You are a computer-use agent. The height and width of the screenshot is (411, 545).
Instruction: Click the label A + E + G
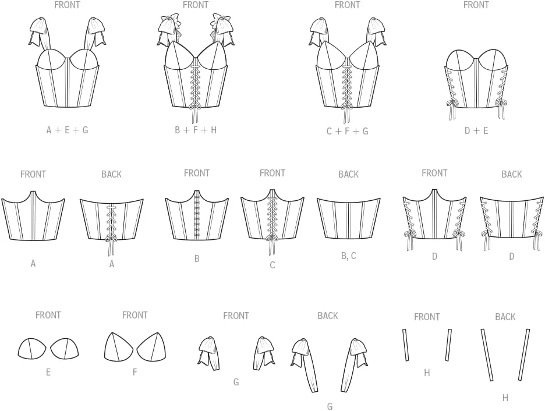(67, 130)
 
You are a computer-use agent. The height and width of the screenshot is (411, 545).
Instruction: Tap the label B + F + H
(196, 130)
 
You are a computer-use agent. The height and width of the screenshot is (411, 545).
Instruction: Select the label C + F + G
(347, 131)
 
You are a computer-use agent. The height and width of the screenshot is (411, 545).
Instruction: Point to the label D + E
(476, 130)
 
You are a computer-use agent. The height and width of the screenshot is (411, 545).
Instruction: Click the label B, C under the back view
(349, 256)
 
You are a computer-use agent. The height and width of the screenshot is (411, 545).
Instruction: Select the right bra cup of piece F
(151, 346)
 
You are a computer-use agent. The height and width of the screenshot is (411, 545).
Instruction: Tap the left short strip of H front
(405, 345)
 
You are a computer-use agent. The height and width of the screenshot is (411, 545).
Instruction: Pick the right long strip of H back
(524, 355)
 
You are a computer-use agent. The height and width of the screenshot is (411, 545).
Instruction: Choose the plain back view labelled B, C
(349, 218)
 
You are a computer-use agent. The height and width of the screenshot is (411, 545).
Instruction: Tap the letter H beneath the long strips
(505, 398)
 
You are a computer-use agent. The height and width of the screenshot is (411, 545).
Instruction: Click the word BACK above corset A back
(112, 174)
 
